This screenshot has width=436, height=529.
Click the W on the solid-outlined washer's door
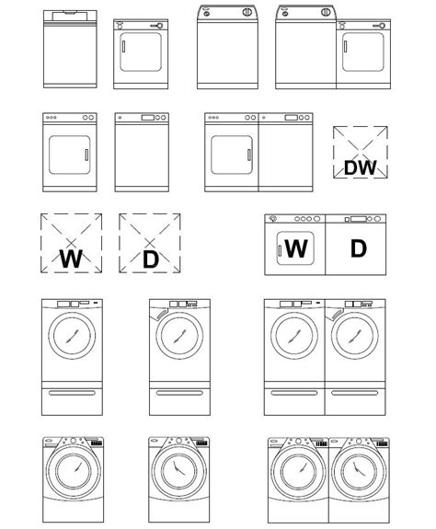(295, 248)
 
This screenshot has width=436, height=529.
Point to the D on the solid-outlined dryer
(358, 248)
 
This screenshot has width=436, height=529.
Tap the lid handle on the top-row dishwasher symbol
(68, 16)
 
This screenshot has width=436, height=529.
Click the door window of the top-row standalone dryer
(140, 56)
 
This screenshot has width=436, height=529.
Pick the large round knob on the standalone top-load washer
(246, 13)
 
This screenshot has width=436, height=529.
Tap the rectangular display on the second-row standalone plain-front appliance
(147, 118)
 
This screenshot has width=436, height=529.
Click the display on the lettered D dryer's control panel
(359, 219)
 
